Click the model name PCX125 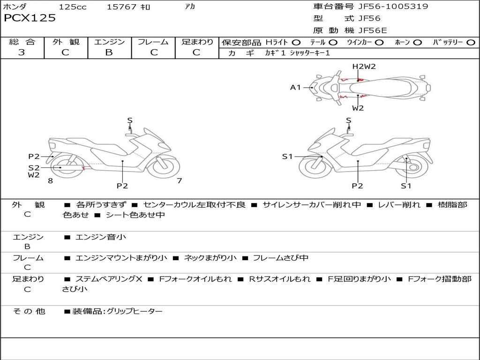[x=30, y=18]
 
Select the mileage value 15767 [x=121, y=7]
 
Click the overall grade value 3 [x=22, y=52]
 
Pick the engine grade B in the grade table [x=109, y=52]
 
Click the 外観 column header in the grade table [x=66, y=42]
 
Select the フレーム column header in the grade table [x=153, y=42]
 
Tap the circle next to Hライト [x=296, y=43]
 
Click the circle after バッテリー [x=471, y=43]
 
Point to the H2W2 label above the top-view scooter [x=364, y=67]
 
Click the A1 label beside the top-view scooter [x=295, y=87]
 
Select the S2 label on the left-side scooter [x=34, y=167]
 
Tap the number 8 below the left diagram [x=50, y=180]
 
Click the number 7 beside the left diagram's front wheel [x=179, y=180]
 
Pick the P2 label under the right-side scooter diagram [x=358, y=186]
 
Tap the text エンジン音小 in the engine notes [x=101, y=237]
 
